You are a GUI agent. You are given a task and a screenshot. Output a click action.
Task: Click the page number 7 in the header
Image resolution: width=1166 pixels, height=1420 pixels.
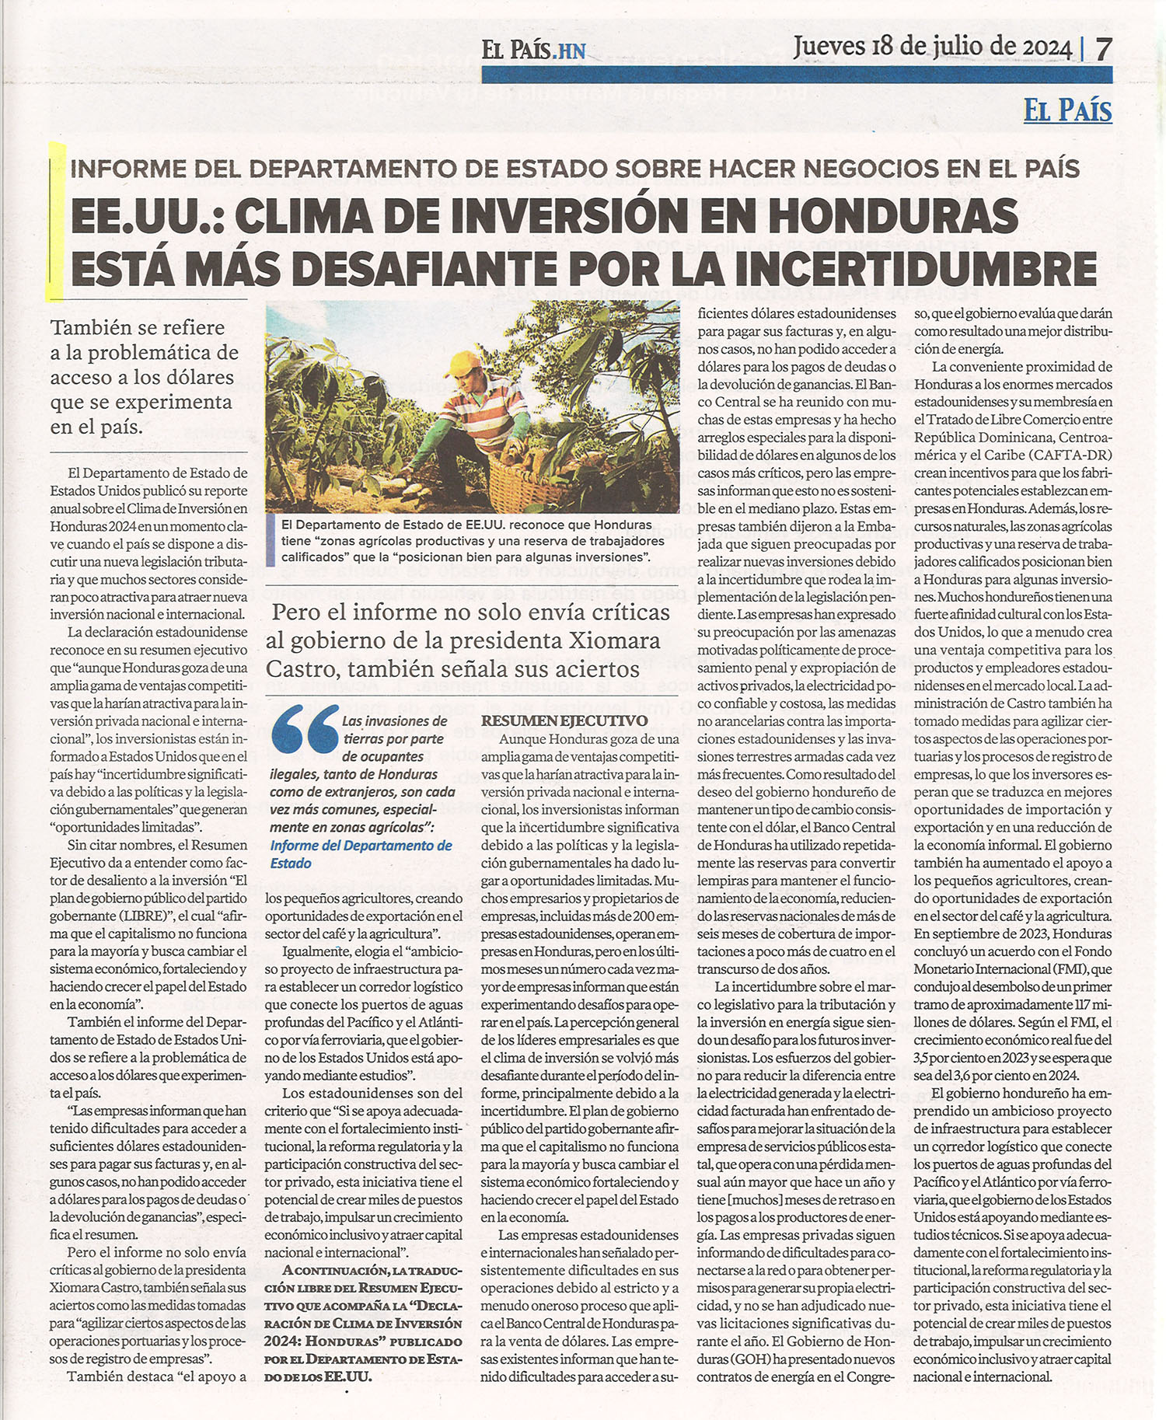tap(1103, 48)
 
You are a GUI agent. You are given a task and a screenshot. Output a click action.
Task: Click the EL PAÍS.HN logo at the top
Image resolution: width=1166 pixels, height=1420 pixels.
tap(533, 51)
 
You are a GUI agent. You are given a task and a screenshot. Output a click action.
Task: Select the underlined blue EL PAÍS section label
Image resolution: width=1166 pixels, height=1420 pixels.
tap(1067, 110)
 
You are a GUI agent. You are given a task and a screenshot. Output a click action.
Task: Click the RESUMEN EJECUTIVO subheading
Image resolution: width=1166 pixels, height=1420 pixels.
tap(564, 721)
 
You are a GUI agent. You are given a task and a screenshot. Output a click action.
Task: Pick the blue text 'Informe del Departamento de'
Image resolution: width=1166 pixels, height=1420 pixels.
tap(361, 846)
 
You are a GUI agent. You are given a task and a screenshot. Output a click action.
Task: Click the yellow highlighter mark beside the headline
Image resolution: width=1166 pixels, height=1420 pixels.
tap(54, 222)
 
